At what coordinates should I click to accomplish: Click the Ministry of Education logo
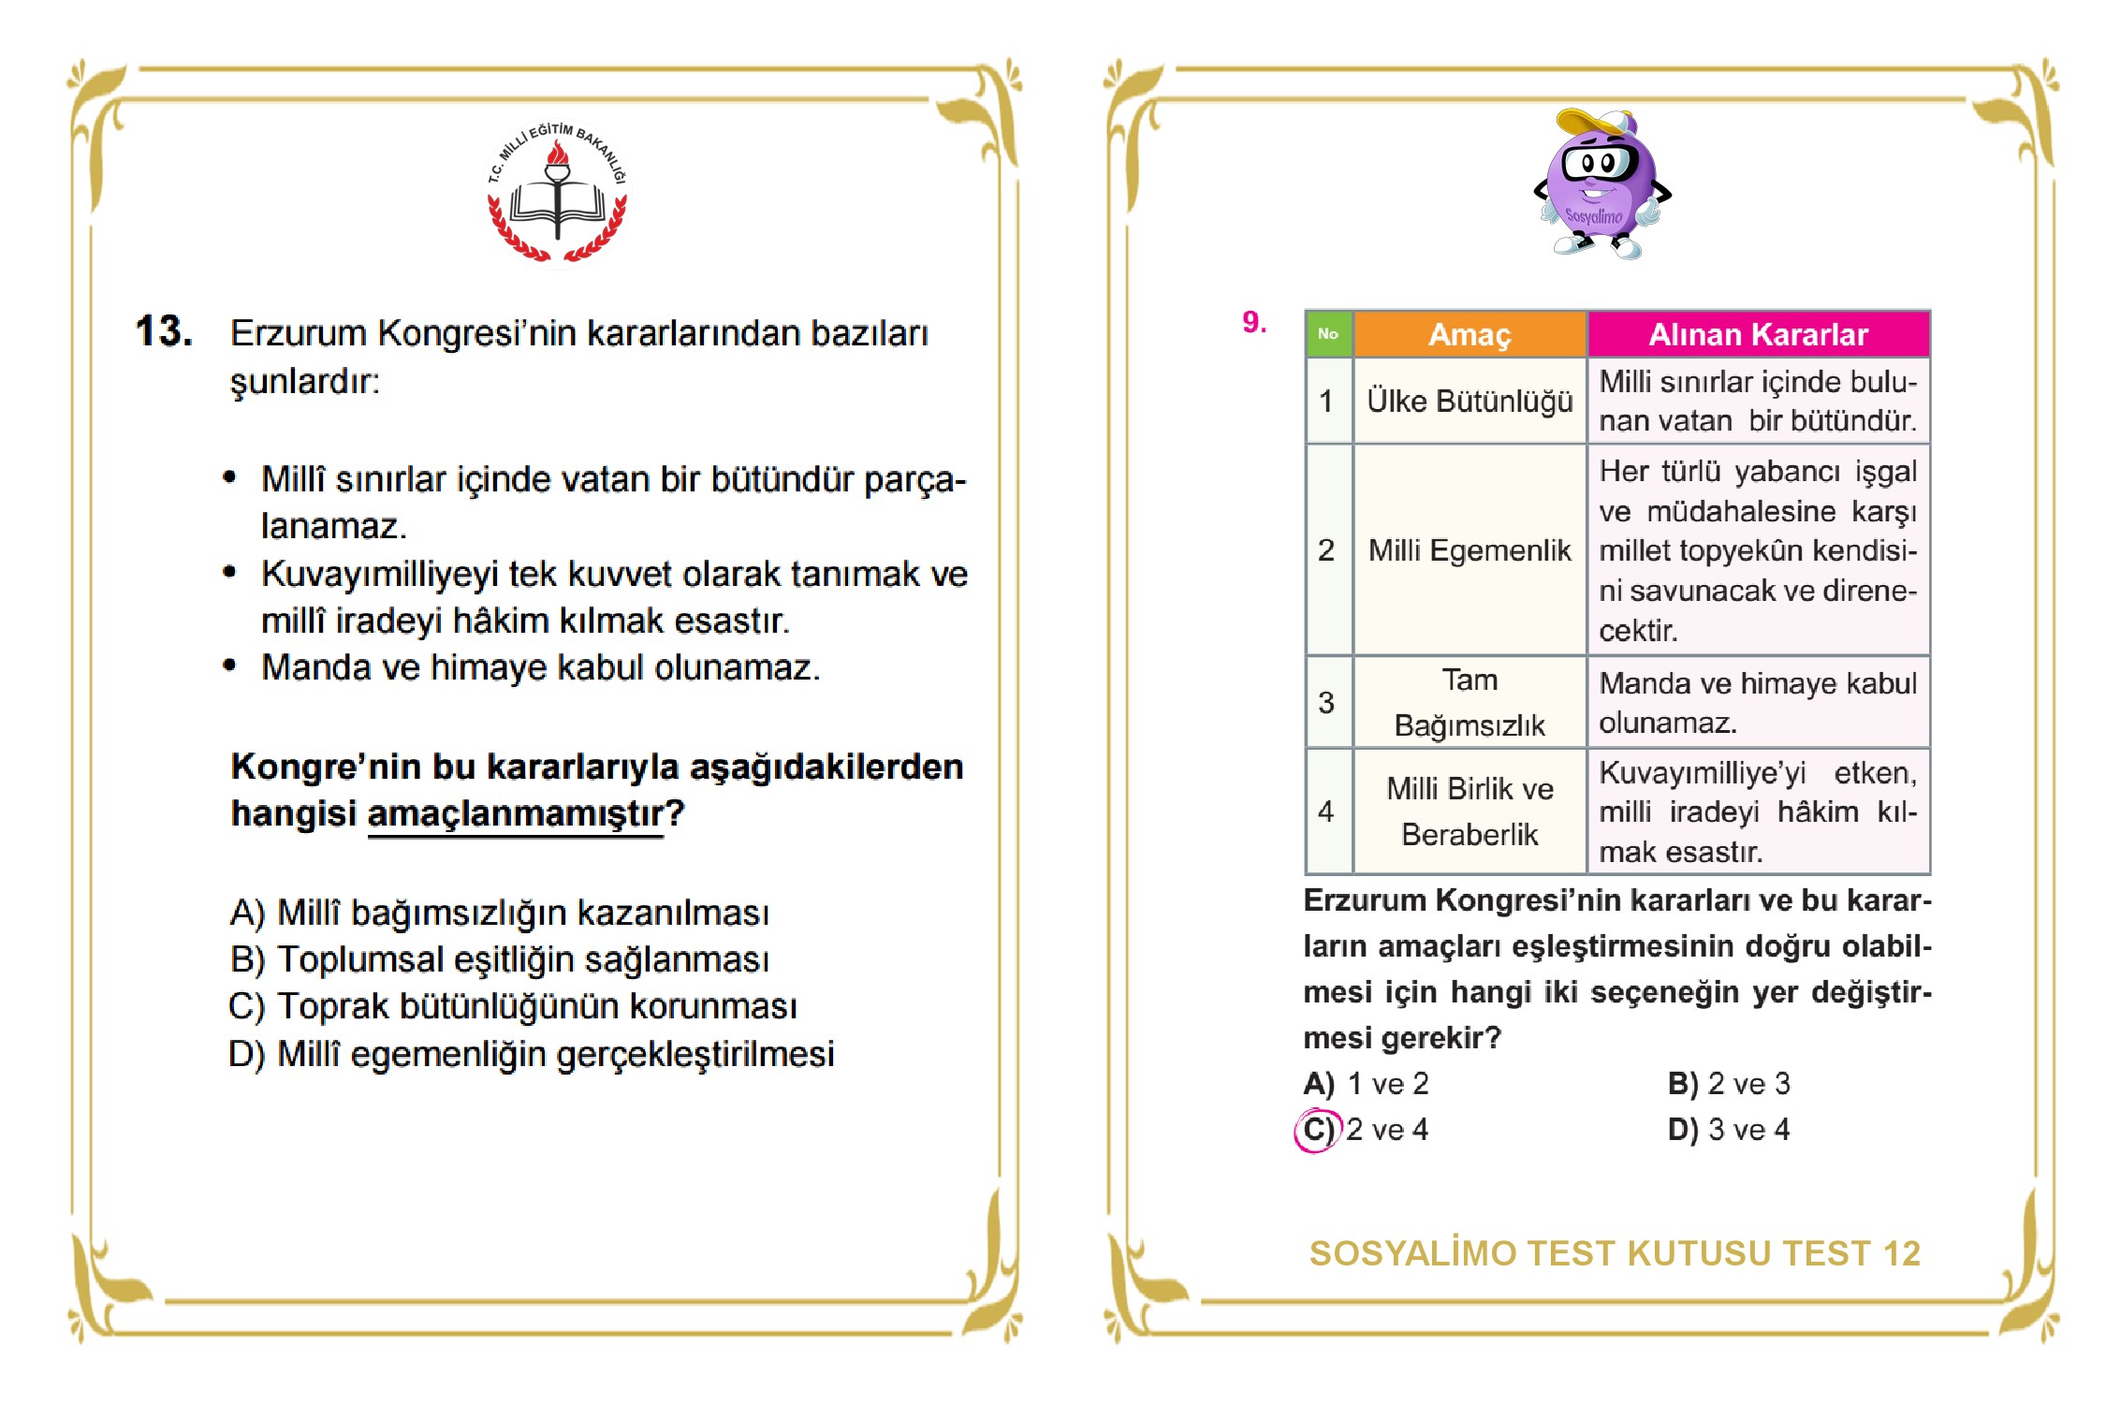point(558,193)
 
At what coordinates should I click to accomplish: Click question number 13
point(165,331)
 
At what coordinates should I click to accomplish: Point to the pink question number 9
point(1253,322)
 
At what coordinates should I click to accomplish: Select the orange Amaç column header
point(1469,334)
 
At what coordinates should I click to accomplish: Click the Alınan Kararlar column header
point(1757,334)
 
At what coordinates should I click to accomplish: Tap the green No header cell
point(1327,334)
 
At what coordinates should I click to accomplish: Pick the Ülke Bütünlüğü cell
point(1469,401)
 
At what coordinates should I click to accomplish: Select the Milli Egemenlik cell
point(1469,550)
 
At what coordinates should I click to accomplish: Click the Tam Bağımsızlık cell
point(1469,702)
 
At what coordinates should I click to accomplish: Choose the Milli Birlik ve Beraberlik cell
point(1469,811)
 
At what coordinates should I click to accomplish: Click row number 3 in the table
point(1326,702)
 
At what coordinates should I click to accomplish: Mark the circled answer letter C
point(1317,1130)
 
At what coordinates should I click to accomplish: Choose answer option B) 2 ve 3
point(1728,1084)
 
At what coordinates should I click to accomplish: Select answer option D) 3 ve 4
point(1728,1130)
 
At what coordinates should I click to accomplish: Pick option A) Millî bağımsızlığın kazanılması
point(500,913)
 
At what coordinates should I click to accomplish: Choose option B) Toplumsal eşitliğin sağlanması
point(500,959)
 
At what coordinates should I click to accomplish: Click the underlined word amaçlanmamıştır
point(515,813)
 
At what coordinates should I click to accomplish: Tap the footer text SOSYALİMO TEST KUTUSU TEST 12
point(1615,1253)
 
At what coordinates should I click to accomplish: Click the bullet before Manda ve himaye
point(229,665)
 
